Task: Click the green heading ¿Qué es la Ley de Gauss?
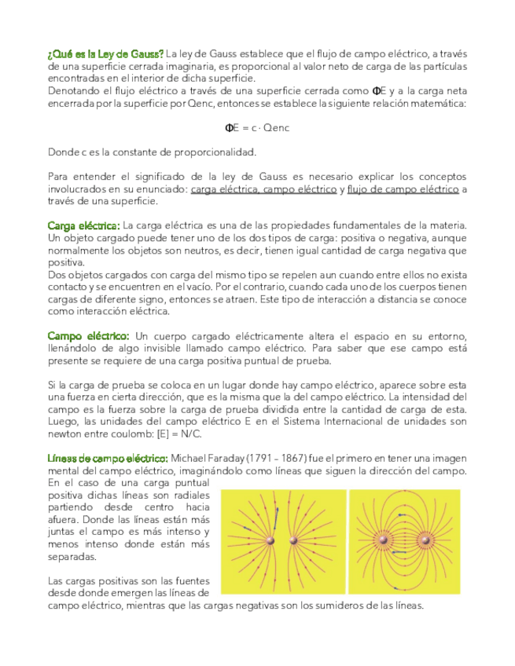point(105,53)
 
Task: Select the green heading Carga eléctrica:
point(83,226)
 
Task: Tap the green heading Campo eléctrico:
point(88,336)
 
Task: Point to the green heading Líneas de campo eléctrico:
point(108,458)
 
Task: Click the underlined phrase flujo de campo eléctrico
point(403,189)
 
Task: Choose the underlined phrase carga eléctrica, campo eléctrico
point(263,189)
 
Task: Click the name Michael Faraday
point(205,458)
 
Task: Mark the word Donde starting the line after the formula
point(62,152)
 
